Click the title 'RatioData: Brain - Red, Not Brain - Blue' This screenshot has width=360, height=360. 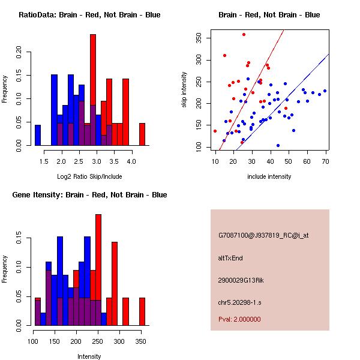click(x=89, y=15)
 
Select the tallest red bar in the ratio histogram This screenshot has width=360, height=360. click(x=93, y=90)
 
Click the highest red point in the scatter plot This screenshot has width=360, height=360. click(x=244, y=34)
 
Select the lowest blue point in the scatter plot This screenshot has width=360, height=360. click(x=278, y=146)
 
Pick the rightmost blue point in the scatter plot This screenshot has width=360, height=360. click(x=325, y=91)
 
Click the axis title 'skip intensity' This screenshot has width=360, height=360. click(x=185, y=90)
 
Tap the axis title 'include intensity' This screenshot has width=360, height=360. click(x=269, y=176)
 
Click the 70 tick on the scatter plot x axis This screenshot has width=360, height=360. click(x=325, y=160)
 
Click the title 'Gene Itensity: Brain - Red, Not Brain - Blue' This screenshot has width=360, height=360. click(x=89, y=195)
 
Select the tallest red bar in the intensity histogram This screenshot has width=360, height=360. click(x=98, y=269)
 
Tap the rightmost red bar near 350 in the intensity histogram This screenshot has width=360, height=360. click(x=143, y=311)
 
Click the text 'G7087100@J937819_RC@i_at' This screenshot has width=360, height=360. click(x=263, y=236)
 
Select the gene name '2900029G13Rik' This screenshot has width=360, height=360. click(x=240, y=280)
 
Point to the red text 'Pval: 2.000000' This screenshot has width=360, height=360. click(x=239, y=319)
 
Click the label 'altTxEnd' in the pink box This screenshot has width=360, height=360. click(x=230, y=258)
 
